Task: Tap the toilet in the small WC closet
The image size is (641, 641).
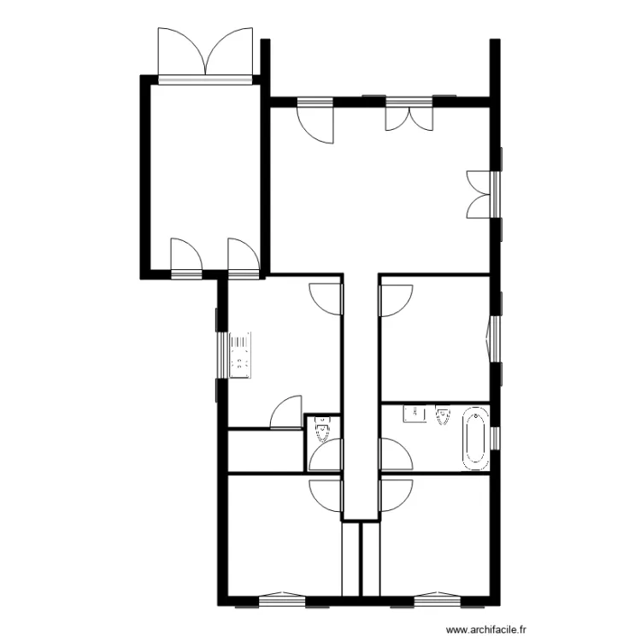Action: pos(322,427)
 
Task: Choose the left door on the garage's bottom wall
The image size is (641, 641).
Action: pos(185,256)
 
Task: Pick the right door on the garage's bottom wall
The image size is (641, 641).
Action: pos(243,256)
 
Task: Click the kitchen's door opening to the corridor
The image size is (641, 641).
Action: pos(326,296)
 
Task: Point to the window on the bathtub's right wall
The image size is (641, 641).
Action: pos(495,437)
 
